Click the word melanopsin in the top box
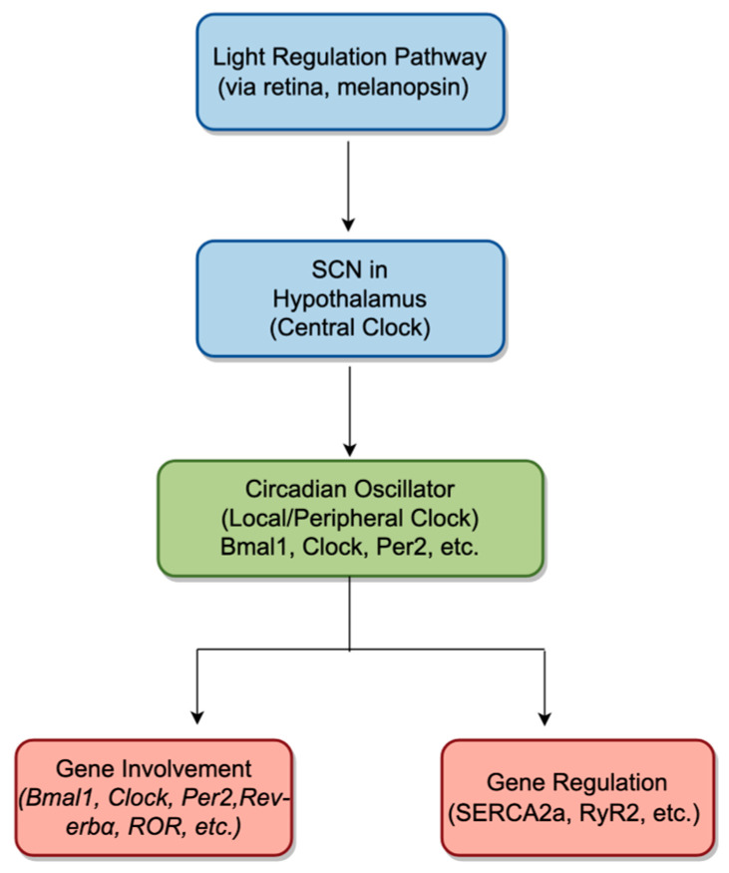click(403, 87)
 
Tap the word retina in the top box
click(298, 87)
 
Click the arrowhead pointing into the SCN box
click(348, 223)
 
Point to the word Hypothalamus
click(349, 299)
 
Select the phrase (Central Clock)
click(349, 327)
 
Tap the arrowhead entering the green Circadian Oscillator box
click(349, 449)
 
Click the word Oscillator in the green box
click(399, 490)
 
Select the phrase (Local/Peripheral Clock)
click(349, 519)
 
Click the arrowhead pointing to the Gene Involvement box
click(197, 717)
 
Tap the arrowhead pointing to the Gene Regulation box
click(545, 718)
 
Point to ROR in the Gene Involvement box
click(155, 826)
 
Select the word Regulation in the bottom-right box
click(610, 783)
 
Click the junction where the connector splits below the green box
click(349, 650)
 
